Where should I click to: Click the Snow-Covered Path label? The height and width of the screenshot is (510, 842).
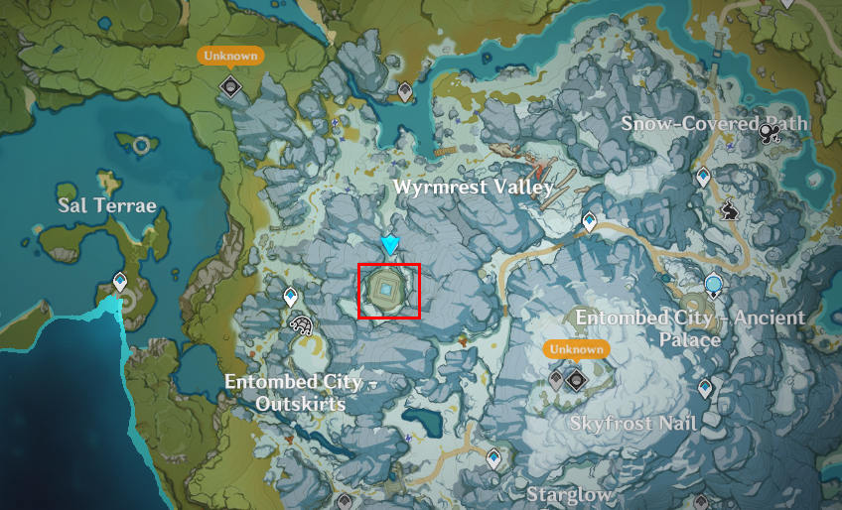point(716,123)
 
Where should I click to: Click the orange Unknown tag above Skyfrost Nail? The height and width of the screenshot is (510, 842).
point(576,349)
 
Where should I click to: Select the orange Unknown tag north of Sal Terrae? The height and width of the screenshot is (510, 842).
point(230,56)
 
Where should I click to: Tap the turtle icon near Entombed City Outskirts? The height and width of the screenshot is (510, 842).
point(300,323)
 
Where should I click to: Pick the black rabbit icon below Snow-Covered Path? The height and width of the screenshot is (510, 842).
point(729,210)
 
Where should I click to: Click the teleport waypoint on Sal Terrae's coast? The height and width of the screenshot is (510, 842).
point(120,283)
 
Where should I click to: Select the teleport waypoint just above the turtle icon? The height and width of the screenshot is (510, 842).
point(291,296)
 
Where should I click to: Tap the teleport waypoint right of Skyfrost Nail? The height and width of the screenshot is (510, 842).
point(705,388)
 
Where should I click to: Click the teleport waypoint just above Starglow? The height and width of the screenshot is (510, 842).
point(494,457)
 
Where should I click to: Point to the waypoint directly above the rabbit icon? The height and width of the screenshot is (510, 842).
point(704,179)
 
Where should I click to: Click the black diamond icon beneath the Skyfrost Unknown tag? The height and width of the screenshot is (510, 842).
point(576,378)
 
